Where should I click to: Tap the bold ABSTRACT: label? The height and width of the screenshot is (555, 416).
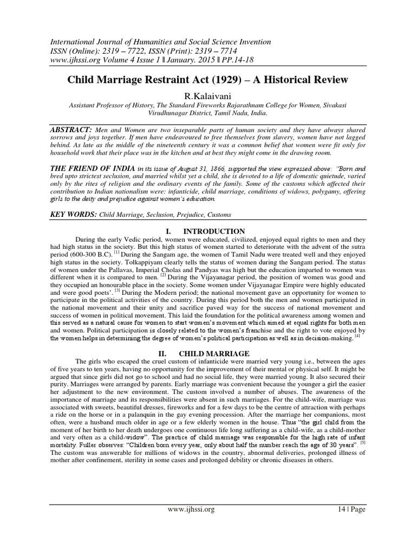(x=70, y=131)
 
